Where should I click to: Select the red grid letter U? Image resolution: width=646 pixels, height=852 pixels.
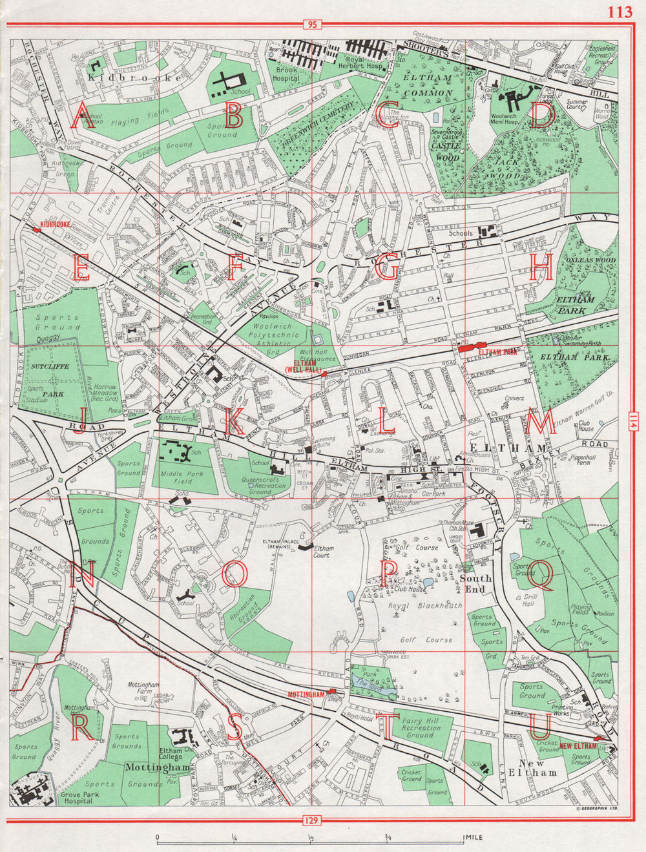(540, 728)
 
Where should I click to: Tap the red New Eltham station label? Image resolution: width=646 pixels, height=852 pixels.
(578, 746)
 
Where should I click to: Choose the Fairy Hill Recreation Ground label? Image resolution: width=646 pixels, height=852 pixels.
(420, 728)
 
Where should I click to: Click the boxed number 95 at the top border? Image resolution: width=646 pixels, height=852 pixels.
(312, 25)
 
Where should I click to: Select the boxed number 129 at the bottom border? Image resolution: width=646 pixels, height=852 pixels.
(312, 820)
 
